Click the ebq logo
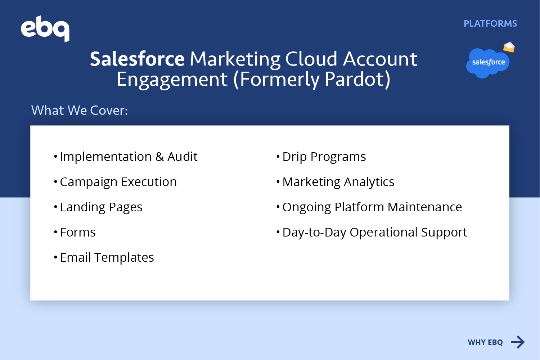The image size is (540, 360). (45, 28)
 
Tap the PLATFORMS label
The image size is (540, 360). (490, 24)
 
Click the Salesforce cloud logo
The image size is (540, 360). (488, 63)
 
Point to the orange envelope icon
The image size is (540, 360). (509, 47)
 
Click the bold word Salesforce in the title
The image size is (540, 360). (137, 59)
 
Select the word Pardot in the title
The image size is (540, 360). (354, 79)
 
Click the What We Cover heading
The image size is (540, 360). (79, 111)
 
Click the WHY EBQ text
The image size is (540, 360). (485, 342)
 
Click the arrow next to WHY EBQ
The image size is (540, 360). (518, 342)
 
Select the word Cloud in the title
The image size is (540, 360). (311, 59)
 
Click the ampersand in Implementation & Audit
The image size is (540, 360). (159, 157)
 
